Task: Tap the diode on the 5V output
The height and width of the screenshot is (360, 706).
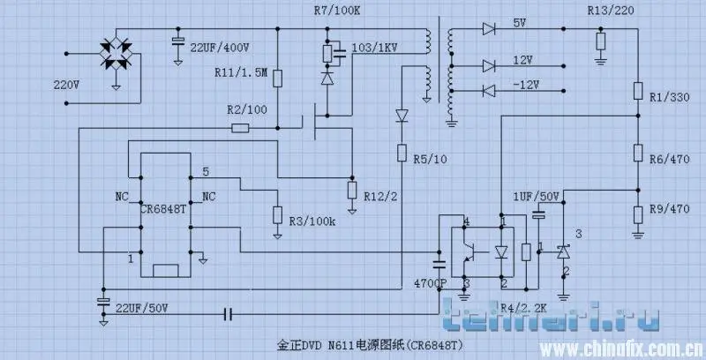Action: (x=489, y=29)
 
